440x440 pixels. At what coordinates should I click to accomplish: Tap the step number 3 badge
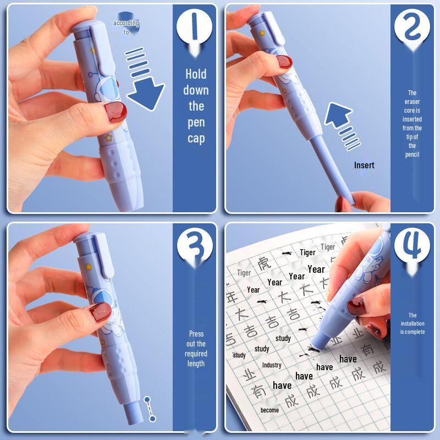(x=195, y=245)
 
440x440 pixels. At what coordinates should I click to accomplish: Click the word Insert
(x=364, y=165)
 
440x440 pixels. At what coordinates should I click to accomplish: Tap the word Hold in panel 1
(x=196, y=74)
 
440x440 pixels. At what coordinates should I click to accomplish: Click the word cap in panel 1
(x=196, y=138)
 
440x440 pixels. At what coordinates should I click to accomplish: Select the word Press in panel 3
(x=196, y=334)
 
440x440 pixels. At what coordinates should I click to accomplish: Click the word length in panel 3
(x=196, y=364)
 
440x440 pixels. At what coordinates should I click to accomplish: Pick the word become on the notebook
(x=269, y=410)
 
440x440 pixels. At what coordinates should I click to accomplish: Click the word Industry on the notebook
(x=271, y=365)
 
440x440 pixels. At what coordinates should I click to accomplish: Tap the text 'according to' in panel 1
(x=126, y=28)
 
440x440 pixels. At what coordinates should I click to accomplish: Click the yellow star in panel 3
(x=87, y=267)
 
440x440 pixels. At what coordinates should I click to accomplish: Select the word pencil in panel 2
(x=412, y=155)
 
